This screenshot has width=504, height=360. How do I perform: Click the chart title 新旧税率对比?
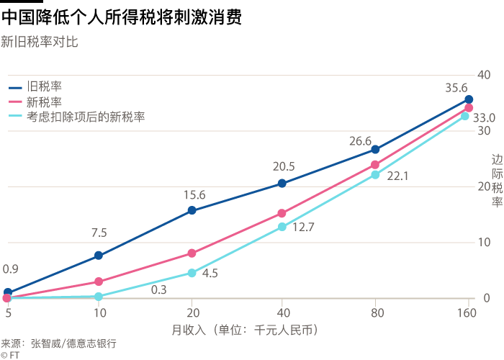pos(40,42)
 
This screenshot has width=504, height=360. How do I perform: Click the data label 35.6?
pos(456,88)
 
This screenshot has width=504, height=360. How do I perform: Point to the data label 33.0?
pos(484,117)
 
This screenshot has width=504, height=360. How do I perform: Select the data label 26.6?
pos(360,141)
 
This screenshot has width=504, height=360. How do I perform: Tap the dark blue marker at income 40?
pos(282,184)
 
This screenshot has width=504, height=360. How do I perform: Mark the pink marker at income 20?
pos(192,253)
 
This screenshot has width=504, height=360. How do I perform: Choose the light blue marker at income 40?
pos(282,227)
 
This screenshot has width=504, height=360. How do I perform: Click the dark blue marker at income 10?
pos(99,256)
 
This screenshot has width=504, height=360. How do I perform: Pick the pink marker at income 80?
pos(375,165)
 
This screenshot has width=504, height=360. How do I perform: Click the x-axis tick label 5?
pos(8,313)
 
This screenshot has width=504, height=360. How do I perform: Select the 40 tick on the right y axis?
pos(483,75)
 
